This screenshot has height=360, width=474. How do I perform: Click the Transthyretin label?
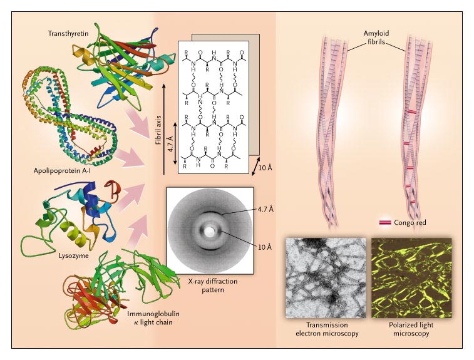tap(68, 33)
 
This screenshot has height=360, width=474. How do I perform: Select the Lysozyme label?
tap(74, 255)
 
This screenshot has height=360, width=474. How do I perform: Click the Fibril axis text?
tap(158, 130)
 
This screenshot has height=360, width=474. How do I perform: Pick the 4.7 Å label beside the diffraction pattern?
tap(265, 209)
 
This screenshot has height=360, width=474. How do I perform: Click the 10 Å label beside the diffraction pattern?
tap(265, 247)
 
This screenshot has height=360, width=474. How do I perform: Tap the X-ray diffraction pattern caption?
tap(213, 285)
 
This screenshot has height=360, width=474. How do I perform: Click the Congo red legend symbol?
tap(385, 223)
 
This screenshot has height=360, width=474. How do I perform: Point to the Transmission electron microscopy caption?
tap(327, 329)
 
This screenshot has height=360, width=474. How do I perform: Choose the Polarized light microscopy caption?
tap(411, 329)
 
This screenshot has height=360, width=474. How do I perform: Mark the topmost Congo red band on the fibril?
tap(411, 112)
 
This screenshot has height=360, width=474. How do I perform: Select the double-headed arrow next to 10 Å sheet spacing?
tap(255, 166)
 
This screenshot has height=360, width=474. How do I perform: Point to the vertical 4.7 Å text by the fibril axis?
tap(170, 144)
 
